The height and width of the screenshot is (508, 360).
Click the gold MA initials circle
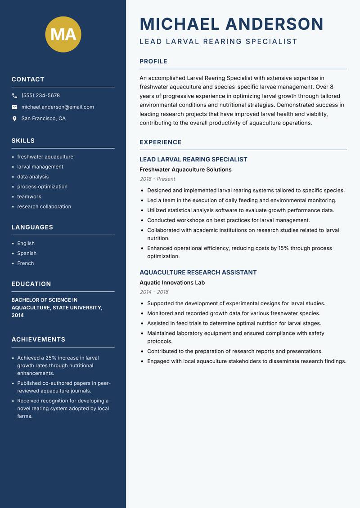[x=63, y=34]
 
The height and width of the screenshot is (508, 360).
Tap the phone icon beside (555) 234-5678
[x=14, y=96]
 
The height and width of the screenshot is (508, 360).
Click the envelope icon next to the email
[x=14, y=107]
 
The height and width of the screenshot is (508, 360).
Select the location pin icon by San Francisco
[x=14, y=119]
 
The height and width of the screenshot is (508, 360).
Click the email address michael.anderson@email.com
[x=58, y=107]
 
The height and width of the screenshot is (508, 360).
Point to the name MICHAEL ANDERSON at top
[x=231, y=24]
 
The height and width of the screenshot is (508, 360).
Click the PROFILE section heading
[x=153, y=62]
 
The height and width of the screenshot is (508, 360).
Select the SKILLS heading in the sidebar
[x=23, y=141]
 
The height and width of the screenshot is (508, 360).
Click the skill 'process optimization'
[x=42, y=187]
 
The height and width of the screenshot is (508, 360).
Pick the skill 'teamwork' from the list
[x=29, y=196]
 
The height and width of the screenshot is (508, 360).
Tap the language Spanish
[x=27, y=253]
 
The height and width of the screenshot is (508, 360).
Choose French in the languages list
[x=26, y=263]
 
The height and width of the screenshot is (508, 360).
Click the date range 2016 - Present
[x=157, y=179]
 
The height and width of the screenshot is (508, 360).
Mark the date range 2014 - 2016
[x=154, y=292]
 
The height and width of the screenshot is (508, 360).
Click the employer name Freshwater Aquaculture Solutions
[x=185, y=169]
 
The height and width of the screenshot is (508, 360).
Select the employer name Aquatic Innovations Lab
[x=172, y=283]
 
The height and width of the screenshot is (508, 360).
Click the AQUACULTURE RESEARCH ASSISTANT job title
[x=198, y=272]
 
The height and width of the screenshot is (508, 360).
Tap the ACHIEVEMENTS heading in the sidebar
[x=38, y=339]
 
